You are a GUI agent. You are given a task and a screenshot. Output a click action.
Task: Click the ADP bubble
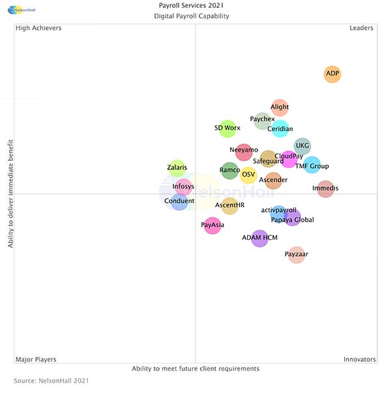[x=332, y=74]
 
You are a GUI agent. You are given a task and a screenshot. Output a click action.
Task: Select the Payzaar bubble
[x=297, y=254]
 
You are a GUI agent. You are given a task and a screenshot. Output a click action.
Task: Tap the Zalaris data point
[x=177, y=168]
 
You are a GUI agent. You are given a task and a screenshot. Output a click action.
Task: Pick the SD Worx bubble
[x=227, y=128]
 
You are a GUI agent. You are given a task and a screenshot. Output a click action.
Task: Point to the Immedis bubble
[x=325, y=189]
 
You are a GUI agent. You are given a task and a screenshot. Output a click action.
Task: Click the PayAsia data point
[x=212, y=225]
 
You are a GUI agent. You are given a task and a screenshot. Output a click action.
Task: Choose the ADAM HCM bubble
[x=259, y=238]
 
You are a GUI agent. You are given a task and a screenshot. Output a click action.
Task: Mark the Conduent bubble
[x=179, y=201]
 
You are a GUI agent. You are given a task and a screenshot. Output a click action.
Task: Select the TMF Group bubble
[x=312, y=165]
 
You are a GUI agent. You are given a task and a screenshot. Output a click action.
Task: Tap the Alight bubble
[x=280, y=107]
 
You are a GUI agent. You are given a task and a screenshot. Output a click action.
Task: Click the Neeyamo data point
[x=244, y=150]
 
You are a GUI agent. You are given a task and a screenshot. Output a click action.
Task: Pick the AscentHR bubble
[x=229, y=206]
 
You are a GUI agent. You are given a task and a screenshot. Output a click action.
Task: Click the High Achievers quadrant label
[x=38, y=28]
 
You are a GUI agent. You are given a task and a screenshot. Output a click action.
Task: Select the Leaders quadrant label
[x=361, y=28]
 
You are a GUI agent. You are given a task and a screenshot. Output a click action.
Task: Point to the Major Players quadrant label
[x=36, y=359]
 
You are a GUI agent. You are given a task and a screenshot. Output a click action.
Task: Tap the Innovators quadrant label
[x=359, y=359]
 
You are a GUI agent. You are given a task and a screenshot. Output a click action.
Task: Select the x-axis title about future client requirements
[x=195, y=369]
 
